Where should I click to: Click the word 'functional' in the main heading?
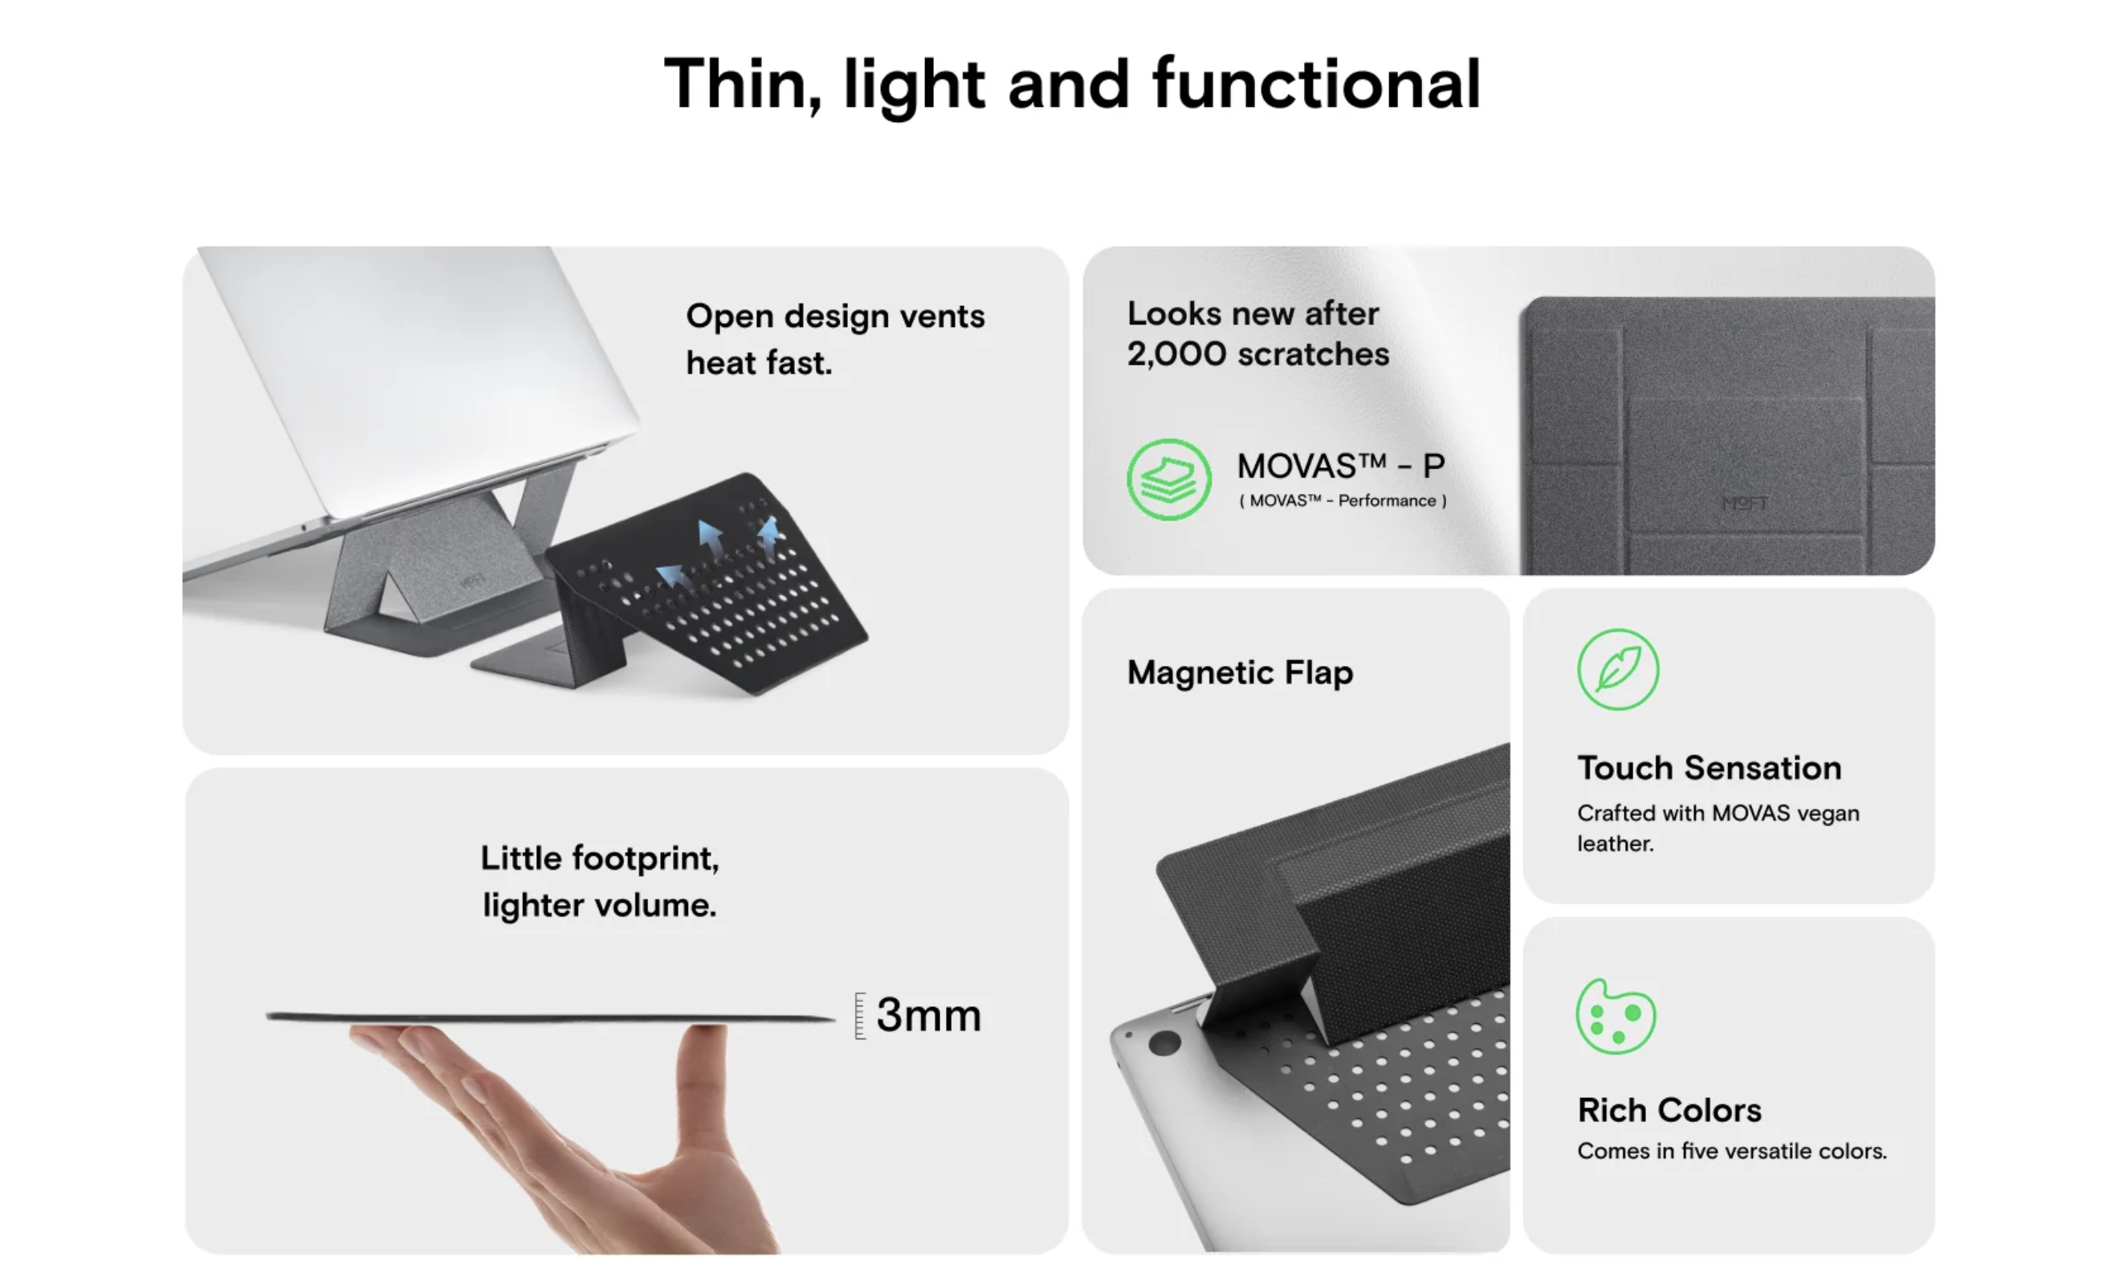point(1316,84)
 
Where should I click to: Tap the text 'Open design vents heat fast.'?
point(834,340)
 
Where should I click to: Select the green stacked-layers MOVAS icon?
point(1168,479)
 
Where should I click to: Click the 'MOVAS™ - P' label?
point(1341,466)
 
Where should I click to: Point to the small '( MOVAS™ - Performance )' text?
point(1343,501)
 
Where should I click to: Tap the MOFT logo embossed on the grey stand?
point(1744,503)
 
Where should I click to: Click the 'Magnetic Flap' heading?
point(1240,672)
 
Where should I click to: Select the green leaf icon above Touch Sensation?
point(1618,670)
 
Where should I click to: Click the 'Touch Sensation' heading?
point(1710,768)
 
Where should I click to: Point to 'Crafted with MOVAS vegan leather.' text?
point(1718,828)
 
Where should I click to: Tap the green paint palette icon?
point(1616,1017)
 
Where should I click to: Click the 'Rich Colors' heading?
point(1669,1110)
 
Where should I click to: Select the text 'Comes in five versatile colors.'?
point(1731,1151)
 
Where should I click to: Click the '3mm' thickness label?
point(929,1015)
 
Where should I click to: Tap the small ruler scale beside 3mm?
point(860,1016)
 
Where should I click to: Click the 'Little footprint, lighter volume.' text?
point(600,881)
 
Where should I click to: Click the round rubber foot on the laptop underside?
point(1164,1042)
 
